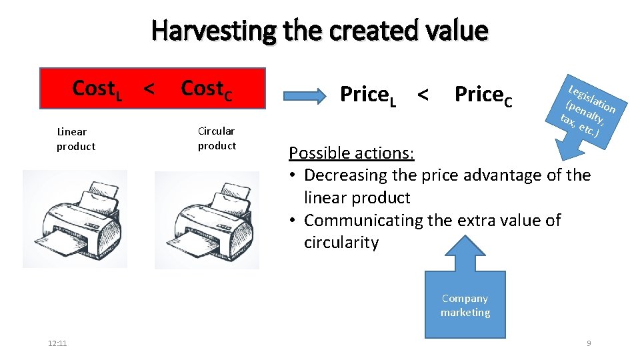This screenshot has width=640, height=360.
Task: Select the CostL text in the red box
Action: [97, 88]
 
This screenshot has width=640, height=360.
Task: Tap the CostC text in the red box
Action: [207, 89]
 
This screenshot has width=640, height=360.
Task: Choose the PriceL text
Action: [368, 95]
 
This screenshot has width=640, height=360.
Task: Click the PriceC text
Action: [483, 95]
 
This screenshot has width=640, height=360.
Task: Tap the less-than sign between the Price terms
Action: [422, 95]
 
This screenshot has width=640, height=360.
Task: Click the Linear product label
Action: [75, 139]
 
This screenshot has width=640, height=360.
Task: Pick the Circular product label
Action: [217, 138]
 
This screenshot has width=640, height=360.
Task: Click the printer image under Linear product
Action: [75, 218]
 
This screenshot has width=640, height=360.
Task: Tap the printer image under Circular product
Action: [207, 219]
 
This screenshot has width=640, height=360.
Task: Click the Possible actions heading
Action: [351, 153]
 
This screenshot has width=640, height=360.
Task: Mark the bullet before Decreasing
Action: [294, 175]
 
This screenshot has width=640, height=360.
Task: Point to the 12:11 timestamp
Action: [57, 343]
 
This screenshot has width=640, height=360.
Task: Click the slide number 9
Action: [588, 343]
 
